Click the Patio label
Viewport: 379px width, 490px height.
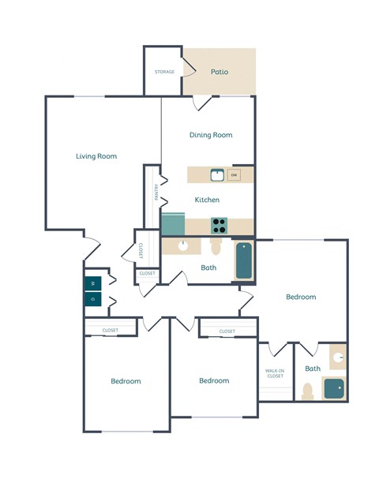coord(220,72)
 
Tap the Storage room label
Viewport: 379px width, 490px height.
coord(164,72)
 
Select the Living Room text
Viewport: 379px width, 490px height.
coord(96,156)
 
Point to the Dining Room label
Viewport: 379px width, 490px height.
coord(211,135)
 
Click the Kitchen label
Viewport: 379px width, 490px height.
coord(207,200)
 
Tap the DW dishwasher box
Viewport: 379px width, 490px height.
coord(235,175)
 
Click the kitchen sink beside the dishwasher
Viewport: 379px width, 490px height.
coord(216,175)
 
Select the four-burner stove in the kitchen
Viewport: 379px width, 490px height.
coord(220,226)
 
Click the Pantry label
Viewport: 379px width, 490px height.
coord(156,193)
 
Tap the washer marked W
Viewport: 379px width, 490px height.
coord(92,282)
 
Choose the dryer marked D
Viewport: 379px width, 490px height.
coord(92,299)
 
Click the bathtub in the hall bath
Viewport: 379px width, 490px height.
coord(244,261)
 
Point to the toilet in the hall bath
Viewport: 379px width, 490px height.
coord(216,247)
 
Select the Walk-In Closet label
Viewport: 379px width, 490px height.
coord(275,373)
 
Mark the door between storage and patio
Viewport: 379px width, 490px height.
coord(190,69)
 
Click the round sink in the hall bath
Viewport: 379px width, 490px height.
coord(183,245)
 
